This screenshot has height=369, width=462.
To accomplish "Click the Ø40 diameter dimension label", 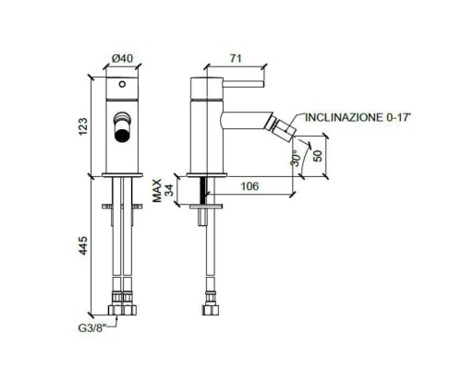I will (x=120, y=58).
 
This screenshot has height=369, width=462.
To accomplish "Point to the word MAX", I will (x=158, y=188).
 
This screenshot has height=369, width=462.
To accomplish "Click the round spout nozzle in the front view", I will (x=121, y=129).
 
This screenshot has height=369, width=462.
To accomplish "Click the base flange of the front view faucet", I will (x=121, y=173).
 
